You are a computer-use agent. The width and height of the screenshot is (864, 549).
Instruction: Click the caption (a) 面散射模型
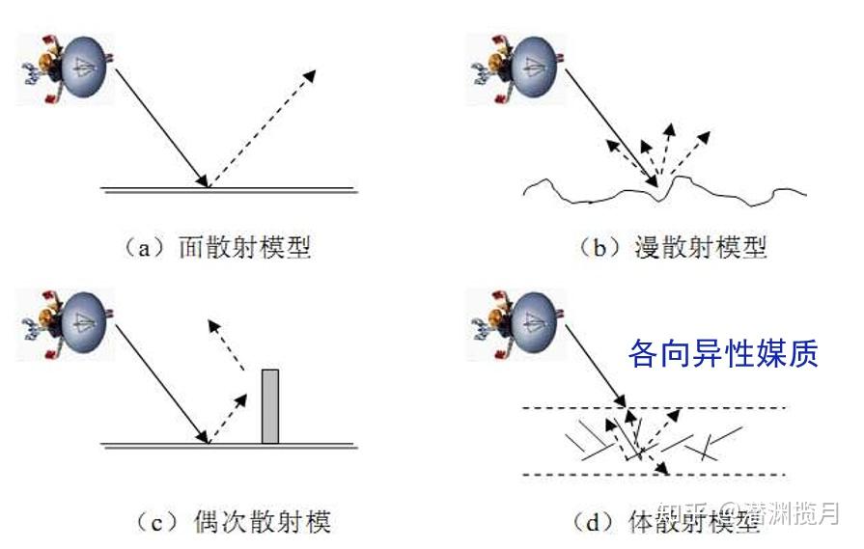coord(219,246)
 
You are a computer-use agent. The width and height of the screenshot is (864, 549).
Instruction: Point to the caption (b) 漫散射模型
coord(672,246)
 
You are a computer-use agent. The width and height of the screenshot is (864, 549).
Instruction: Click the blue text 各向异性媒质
coord(723,353)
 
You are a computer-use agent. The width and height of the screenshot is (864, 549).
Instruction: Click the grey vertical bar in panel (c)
coord(270,406)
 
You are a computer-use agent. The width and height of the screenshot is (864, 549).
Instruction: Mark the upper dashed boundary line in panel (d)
coord(734,408)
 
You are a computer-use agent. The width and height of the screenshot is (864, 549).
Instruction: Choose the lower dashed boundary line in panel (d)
coord(734,474)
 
